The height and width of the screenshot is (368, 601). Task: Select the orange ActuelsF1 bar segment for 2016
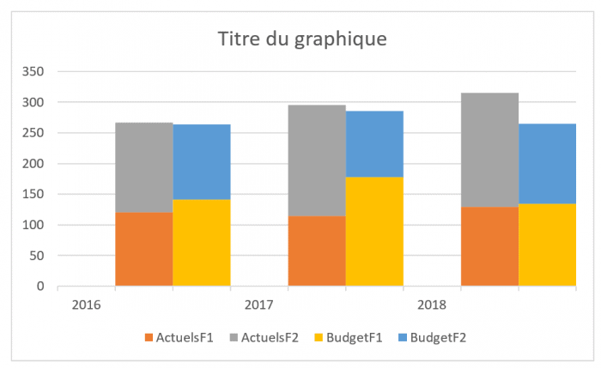pyautogui.click(x=144, y=249)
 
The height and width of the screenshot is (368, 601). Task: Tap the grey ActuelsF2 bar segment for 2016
pyautogui.click(x=144, y=167)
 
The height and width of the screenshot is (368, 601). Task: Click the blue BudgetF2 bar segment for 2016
pyautogui.click(x=202, y=162)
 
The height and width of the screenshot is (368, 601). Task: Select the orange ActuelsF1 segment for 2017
pyautogui.click(x=317, y=250)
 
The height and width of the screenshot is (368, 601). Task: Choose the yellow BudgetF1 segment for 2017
pyautogui.click(x=374, y=232)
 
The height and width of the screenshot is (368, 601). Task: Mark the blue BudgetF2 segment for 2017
pyautogui.click(x=374, y=144)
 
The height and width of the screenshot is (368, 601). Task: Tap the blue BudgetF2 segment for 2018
pyautogui.click(x=547, y=164)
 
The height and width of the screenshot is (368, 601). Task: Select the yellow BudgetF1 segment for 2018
pyautogui.click(x=547, y=244)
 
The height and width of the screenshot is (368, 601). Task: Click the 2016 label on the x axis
pyautogui.click(x=86, y=305)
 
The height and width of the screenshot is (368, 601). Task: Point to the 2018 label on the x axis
pyautogui.click(x=431, y=305)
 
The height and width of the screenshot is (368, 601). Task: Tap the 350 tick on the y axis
pyautogui.click(x=33, y=72)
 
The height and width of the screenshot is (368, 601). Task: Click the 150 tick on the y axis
pyautogui.click(x=33, y=195)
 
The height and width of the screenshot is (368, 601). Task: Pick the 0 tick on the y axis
pyautogui.click(x=39, y=287)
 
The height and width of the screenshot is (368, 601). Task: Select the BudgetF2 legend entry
pyautogui.click(x=438, y=337)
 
